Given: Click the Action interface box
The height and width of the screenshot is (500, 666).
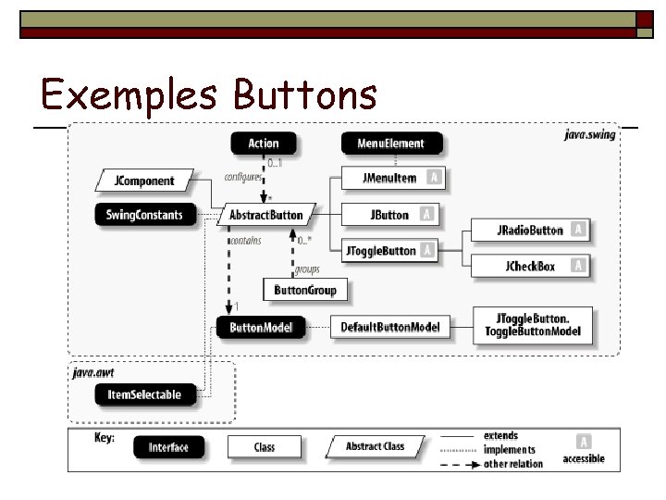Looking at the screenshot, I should (x=264, y=144).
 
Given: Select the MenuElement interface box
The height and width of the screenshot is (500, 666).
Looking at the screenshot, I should (x=390, y=144).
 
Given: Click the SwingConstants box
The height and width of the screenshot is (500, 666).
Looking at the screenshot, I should (x=144, y=215).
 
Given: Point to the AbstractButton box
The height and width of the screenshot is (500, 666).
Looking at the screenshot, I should (x=266, y=215).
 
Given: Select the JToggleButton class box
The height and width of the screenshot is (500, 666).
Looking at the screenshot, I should (x=378, y=250).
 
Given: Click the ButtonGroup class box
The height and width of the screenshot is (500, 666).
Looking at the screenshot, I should (x=305, y=290).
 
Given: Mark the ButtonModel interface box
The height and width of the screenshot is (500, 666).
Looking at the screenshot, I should (x=262, y=327).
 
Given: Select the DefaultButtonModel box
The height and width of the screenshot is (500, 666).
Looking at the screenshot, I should (x=390, y=327).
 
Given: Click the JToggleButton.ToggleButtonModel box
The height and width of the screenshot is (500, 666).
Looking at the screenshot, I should (x=533, y=326).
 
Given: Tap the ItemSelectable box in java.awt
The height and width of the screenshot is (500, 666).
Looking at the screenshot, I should (x=144, y=394).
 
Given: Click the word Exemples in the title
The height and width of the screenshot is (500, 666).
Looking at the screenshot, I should (x=129, y=94).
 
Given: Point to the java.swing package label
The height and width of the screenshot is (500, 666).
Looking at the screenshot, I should (x=589, y=135).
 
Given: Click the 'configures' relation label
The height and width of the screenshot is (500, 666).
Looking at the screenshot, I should (x=241, y=176).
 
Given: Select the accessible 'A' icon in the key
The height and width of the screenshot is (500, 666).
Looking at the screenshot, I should (x=584, y=442).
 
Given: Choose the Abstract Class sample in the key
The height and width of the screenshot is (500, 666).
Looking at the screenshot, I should (x=376, y=446).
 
